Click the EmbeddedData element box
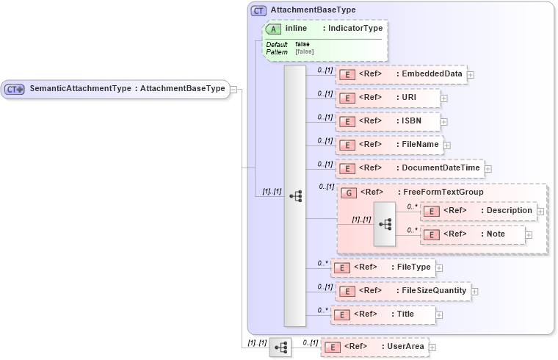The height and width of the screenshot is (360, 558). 401,74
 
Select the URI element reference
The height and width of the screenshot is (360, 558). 388,98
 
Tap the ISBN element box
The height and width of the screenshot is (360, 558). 388,121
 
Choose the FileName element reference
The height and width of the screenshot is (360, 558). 389,145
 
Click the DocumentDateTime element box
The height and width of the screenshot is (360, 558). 410,168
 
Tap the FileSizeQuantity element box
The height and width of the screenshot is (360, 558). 402,291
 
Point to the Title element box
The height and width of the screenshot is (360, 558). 383,314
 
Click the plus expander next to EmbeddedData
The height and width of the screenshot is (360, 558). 471,75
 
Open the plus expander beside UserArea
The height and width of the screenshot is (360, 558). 432,348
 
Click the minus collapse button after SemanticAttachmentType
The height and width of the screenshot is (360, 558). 233,89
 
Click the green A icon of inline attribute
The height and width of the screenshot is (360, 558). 274,29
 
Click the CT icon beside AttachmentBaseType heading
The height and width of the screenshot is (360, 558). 258,10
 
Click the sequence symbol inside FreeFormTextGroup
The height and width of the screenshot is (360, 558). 384,222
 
